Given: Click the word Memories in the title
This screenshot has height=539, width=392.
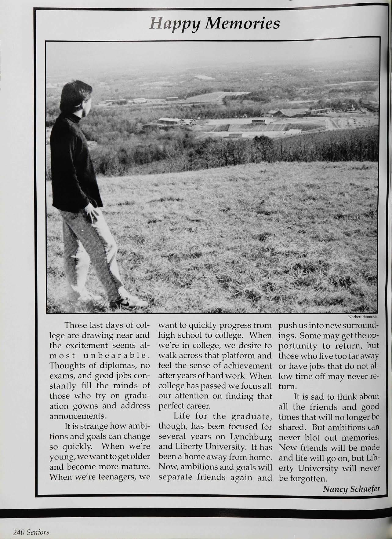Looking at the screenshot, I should tap(242, 24).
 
